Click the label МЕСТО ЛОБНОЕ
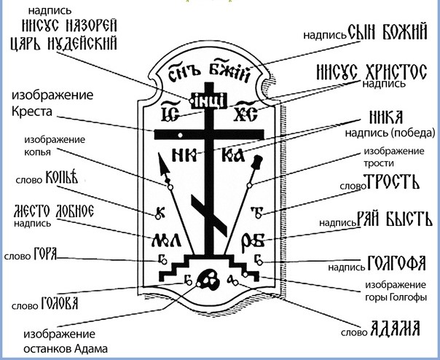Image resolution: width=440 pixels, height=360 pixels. coord(54,211)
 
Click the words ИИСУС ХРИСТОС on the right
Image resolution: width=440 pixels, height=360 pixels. coord(369,72)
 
